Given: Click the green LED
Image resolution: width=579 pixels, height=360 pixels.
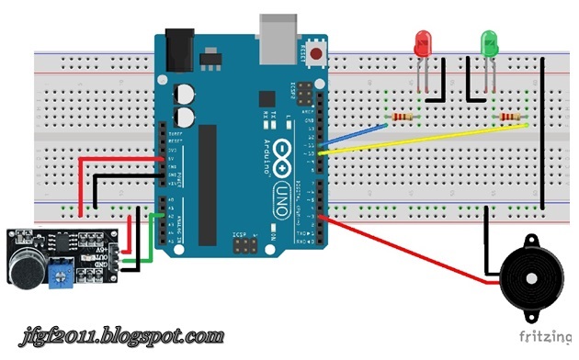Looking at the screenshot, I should pos(489,43).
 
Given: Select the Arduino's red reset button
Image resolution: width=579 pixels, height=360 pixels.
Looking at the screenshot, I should pos(318,54).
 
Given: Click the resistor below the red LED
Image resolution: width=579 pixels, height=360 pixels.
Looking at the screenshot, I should pos(401,118).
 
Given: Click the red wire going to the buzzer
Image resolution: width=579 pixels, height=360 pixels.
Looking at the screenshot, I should pos(404,248).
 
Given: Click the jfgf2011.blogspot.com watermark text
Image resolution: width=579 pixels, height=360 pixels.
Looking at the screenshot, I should pos(120,336).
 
